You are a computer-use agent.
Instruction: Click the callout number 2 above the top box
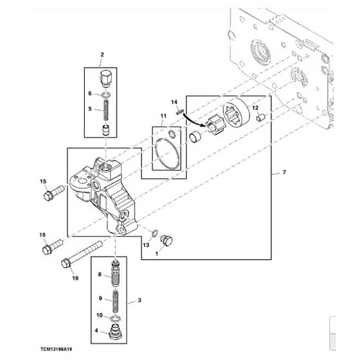pos(102,55)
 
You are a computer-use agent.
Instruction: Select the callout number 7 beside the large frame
pos(284,172)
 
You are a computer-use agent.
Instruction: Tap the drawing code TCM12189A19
pos(57,349)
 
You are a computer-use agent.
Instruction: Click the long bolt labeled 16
pos(82,254)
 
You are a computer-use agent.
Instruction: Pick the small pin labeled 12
pos(260,117)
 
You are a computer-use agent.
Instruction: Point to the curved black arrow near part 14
pos(194,120)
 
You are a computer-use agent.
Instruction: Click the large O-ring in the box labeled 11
pos(167,154)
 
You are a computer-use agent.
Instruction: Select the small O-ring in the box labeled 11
pos(172,134)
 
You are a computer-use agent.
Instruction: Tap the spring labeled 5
pos(106,111)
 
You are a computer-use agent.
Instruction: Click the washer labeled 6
pos(106,94)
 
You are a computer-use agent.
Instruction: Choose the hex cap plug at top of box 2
pos(105,78)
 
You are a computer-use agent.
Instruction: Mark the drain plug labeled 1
pos(167,240)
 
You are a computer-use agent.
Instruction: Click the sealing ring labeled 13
pos(154,233)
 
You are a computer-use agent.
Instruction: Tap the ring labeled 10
pos(116,319)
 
